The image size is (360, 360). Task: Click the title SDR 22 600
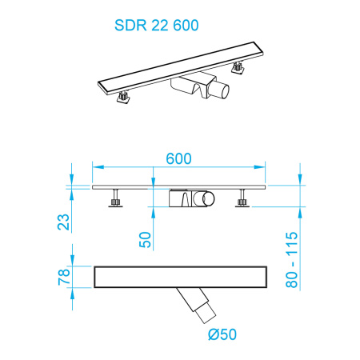(x=151, y=24)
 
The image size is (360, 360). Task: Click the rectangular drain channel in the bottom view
(x=179, y=277)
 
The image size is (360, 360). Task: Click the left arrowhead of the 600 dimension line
(x=97, y=167)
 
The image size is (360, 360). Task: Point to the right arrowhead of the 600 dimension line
(x=265, y=167)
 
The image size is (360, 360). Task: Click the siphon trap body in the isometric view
(x=194, y=90)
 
